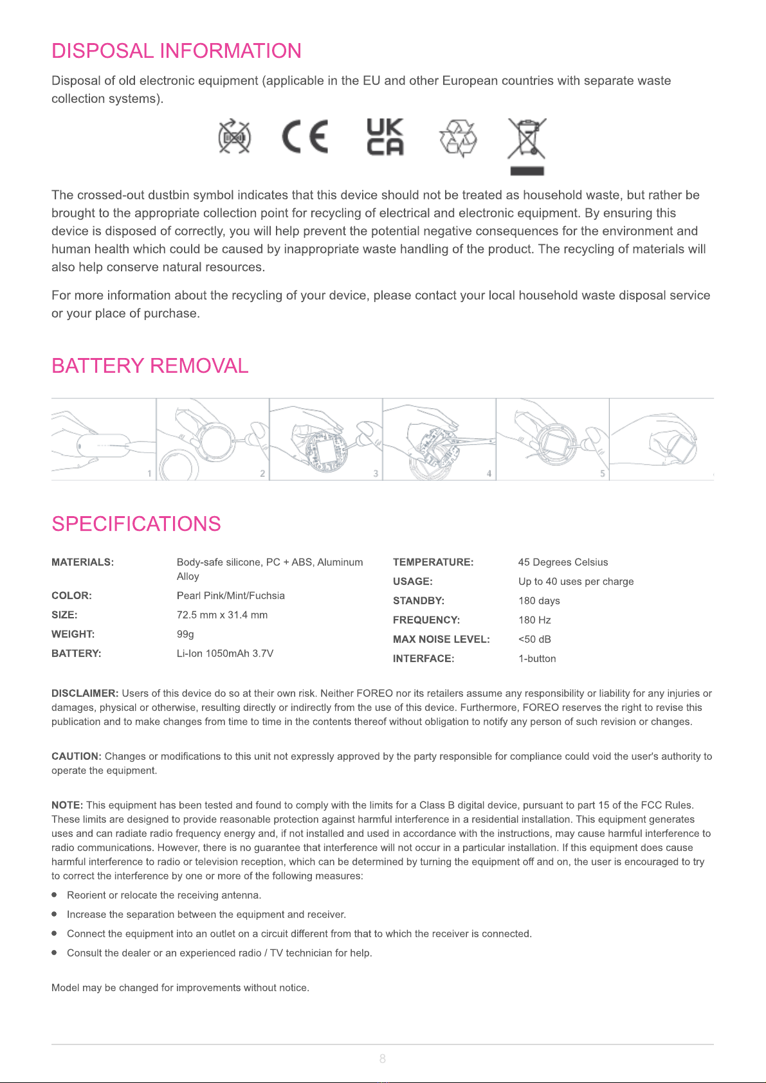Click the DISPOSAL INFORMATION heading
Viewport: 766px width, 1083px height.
coord(176,51)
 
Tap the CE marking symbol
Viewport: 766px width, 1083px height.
coord(305,137)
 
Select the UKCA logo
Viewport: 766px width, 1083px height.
coord(385,137)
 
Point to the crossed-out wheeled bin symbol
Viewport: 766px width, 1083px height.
coord(527,142)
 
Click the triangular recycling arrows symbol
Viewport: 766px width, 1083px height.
coord(458,138)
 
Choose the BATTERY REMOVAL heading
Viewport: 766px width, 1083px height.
coord(150,366)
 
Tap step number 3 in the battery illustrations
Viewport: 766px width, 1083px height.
coord(376,474)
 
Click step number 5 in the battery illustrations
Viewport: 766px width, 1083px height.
coord(603,474)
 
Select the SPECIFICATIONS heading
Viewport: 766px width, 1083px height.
coord(136,524)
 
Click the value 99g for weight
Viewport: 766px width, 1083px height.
coord(185,634)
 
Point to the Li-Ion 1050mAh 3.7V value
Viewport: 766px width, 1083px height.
coord(225,654)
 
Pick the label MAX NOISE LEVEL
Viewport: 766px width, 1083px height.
coord(441,640)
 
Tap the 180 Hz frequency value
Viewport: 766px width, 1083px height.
coord(534,620)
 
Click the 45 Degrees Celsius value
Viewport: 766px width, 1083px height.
coord(563,562)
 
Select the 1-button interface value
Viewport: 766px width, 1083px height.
coord(537,659)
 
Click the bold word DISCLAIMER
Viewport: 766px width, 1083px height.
coord(85,694)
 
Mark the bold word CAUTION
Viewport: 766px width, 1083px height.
coord(77,756)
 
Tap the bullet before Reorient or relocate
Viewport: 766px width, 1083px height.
coord(55,895)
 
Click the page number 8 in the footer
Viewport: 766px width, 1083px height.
coord(383,1059)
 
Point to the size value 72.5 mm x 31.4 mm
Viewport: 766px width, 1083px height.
coord(222,615)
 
